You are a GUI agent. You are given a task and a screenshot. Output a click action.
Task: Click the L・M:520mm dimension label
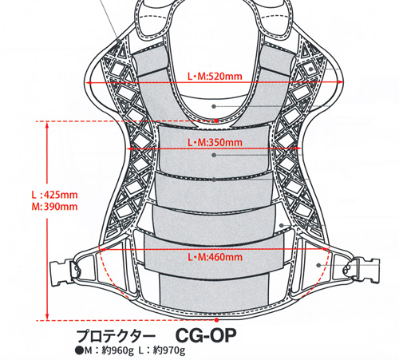[215, 77]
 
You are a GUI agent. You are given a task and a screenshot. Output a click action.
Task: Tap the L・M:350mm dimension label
[215, 143]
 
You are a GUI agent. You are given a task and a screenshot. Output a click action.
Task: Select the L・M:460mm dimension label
[215, 257]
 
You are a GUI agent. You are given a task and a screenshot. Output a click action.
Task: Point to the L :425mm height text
[55, 195]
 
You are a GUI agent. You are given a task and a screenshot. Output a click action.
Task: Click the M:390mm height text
[55, 207]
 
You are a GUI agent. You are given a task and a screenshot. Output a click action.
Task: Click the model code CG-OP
[206, 336]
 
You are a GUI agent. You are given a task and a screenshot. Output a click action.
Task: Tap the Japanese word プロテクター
[116, 336]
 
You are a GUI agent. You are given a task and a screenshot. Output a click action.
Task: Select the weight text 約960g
[117, 351]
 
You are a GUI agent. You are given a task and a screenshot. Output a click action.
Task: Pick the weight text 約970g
[169, 351]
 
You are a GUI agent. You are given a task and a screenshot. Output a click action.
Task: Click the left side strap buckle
[63, 273]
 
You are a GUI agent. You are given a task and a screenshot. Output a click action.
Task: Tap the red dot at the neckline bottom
[216, 121]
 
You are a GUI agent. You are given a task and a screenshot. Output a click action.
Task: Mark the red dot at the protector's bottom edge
[216, 320]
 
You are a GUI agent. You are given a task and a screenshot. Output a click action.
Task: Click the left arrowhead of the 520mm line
[89, 83]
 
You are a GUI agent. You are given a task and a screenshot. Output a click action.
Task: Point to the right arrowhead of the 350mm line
[298, 148]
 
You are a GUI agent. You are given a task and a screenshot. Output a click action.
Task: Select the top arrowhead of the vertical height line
[47, 125]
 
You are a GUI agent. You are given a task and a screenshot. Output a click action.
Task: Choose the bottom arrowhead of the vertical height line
[47, 317]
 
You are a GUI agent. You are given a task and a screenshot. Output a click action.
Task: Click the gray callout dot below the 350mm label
[214, 155]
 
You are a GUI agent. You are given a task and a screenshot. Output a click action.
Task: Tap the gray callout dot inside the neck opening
[214, 106]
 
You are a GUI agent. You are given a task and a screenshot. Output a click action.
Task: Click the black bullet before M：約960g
[79, 351]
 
